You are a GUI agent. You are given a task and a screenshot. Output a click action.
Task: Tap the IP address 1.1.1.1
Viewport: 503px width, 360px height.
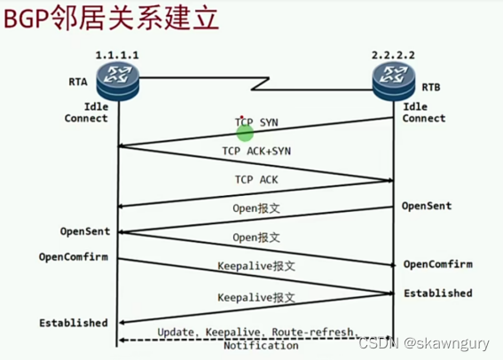coord(117,54)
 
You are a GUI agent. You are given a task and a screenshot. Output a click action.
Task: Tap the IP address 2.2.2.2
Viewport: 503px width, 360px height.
coord(394,55)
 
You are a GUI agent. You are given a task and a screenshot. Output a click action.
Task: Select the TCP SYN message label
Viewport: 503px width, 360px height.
coord(256,121)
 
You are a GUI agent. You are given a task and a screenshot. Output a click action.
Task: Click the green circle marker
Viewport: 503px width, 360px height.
coord(246,133)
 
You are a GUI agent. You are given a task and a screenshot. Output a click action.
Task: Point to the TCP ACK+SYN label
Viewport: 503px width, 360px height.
coord(256,151)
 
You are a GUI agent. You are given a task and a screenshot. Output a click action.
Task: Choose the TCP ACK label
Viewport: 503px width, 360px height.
coord(256,179)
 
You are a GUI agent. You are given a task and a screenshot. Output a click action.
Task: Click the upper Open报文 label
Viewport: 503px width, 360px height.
coord(256,209)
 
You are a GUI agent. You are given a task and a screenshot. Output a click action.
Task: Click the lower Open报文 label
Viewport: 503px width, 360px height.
coord(256,238)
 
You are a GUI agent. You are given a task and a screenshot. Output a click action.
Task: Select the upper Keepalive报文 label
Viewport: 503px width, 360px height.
coord(256,266)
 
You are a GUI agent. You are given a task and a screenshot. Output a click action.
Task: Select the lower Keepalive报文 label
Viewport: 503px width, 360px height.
coord(256,298)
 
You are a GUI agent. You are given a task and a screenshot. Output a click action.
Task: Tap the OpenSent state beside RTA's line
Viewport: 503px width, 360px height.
coord(85,231)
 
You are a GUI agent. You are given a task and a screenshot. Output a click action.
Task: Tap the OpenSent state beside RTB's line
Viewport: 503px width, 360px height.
coord(427,206)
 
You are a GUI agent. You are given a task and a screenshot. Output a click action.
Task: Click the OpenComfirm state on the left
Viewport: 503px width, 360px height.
coord(74,257)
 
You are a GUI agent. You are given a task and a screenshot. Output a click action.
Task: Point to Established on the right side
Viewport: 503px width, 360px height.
coord(438,293)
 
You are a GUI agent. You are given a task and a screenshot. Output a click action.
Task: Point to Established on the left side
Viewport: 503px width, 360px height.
coord(74,323)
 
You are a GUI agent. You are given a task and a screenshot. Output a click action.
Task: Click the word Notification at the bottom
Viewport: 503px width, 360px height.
coord(260,345)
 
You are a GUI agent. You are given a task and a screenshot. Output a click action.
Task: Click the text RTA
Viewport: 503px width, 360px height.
coord(78,82)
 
